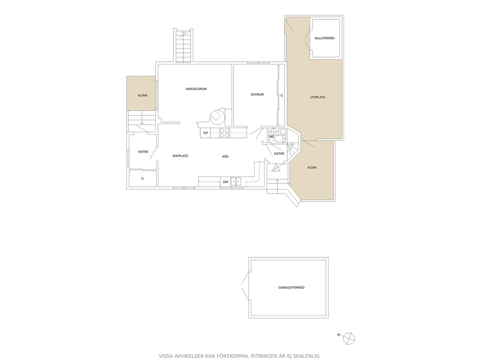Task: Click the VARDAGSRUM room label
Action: [196, 89]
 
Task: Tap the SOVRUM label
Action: [257, 94]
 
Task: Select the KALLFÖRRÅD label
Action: [325, 38]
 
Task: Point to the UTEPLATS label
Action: [318, 97]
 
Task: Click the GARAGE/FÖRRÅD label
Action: [291, 288]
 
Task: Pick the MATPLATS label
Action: [180, 156]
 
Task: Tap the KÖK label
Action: [225, 157]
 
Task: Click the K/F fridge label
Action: [206, 133]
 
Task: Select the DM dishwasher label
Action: [225, 182]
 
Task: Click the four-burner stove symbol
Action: [225, 133]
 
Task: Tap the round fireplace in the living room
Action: [217, 116]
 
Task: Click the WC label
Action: [272, 136]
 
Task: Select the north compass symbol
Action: [349, 338]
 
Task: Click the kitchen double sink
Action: [236, 182]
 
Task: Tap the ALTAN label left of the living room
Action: [142, 95]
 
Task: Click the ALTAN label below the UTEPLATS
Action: [312, 168]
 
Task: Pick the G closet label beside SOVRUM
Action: [282, 95]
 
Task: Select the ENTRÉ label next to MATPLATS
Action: [143, 152]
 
